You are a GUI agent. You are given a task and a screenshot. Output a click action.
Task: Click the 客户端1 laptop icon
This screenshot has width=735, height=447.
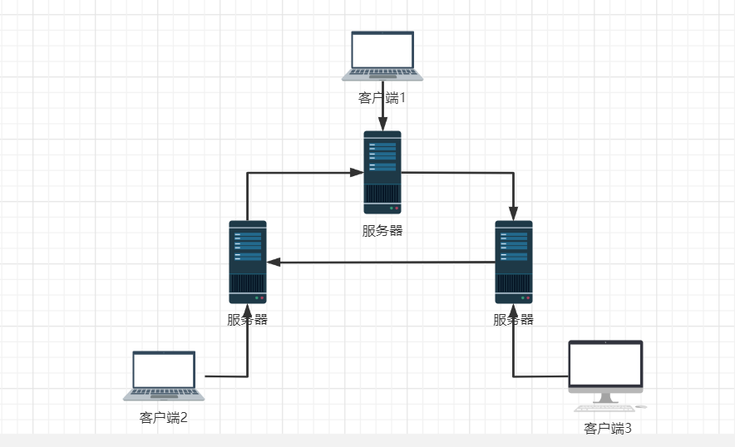tap(382, 55)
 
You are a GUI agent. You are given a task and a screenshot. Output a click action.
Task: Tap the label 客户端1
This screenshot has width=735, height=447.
tap(382, 98)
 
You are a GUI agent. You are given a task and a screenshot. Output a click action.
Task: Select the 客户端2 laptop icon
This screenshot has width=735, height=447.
tap(165, 375)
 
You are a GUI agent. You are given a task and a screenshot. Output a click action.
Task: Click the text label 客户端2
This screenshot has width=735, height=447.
tap(164, 417)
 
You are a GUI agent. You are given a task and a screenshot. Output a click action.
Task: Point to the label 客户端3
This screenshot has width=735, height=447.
tap(608, 429)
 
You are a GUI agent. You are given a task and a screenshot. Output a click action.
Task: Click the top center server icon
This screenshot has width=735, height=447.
tap(382, 172)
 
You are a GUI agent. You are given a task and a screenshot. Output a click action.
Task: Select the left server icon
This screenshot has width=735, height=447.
tap(248, 262)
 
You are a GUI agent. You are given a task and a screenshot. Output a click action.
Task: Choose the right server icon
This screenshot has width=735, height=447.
tap(514, 262)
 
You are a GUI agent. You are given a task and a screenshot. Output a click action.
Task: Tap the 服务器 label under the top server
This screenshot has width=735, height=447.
tap(382, 231)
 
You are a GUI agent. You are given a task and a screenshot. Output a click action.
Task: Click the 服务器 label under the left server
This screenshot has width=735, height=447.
tap(248, 320)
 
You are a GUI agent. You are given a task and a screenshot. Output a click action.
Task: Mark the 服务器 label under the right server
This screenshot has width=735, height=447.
tap(514, 320)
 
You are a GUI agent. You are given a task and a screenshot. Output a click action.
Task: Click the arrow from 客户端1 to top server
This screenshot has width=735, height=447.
tap(382, 106)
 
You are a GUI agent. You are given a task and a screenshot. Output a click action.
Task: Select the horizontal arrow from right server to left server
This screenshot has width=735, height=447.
tap(382, 263)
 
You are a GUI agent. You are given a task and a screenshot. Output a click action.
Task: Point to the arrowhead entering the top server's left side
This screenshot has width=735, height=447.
tap(357, 172)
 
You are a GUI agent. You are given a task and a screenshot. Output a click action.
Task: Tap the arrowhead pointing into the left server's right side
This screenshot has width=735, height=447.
tap(274, 263)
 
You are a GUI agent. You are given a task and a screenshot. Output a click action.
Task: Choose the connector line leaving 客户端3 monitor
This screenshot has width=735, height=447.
tap(540, 376)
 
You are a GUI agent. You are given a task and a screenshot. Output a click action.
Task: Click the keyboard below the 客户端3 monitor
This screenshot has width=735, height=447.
tap(604, 408)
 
